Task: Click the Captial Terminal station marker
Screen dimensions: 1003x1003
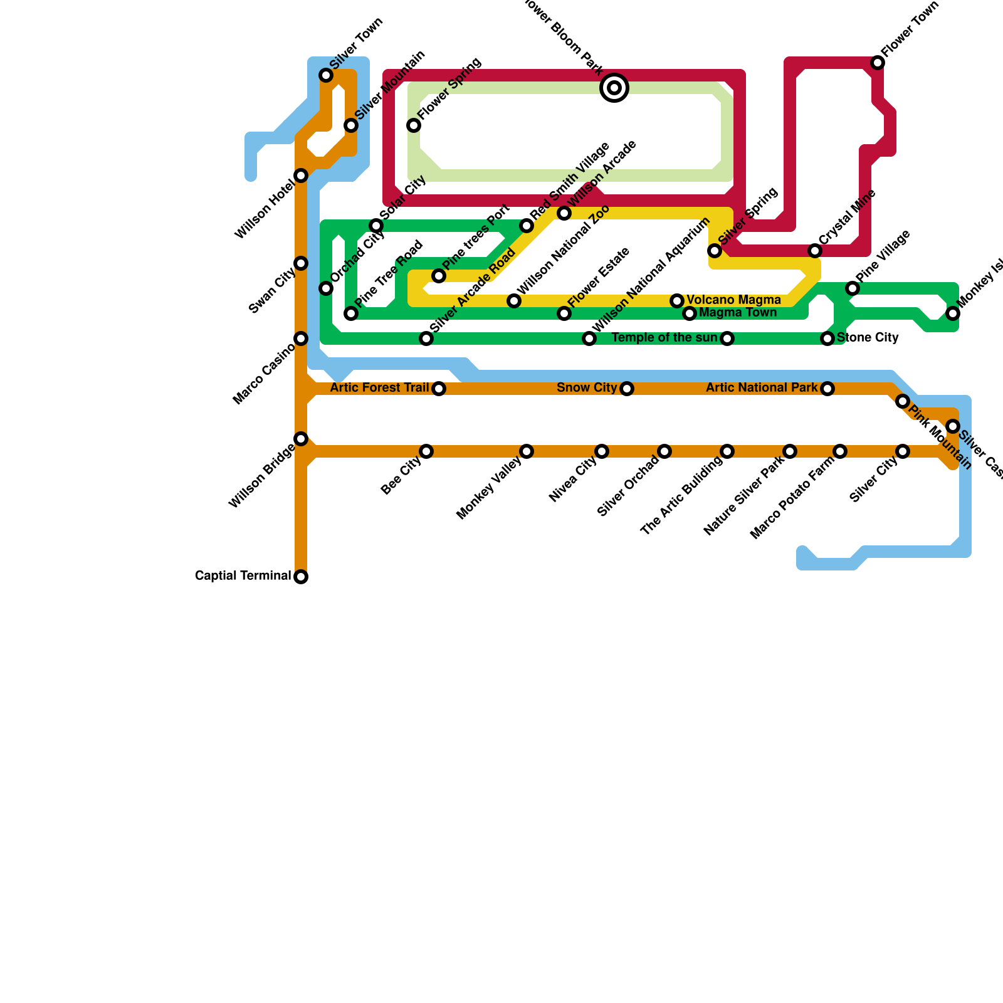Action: [x=301, y=577]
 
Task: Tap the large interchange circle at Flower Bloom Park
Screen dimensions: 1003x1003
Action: [x=614, y=88]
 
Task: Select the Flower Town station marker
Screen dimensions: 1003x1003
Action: [x=878, y=63]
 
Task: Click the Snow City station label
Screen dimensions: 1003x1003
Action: [x=587, y=388]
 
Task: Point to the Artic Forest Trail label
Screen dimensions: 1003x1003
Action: [x=379, y=388]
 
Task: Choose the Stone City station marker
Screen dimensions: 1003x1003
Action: [x=827, y=339]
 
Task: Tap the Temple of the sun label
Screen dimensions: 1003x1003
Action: [x=664, y=338]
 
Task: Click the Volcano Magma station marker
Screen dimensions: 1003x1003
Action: [x=677, y=301]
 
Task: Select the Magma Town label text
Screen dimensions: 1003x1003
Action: [x=738, y=313]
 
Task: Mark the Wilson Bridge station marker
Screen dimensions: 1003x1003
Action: [x=301, y=439]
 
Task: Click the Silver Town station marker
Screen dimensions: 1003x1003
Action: [x=326, y=75]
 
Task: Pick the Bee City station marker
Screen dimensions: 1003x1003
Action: [x=426, y=451]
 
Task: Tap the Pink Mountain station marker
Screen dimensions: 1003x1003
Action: [x=903, y=401]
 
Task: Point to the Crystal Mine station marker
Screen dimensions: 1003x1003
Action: [x=815, y=251]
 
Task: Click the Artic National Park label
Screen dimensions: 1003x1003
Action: [x=762, y=388]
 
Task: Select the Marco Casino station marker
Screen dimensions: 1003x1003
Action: [x=301, y=339]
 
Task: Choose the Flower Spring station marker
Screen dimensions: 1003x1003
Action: [x=414, y=125]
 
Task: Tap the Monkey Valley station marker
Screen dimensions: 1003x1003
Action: [x=527, y=451]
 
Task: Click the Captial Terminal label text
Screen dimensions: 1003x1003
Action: [x=243, y=576]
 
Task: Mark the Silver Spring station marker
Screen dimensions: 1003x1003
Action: [x=715, y=251]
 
